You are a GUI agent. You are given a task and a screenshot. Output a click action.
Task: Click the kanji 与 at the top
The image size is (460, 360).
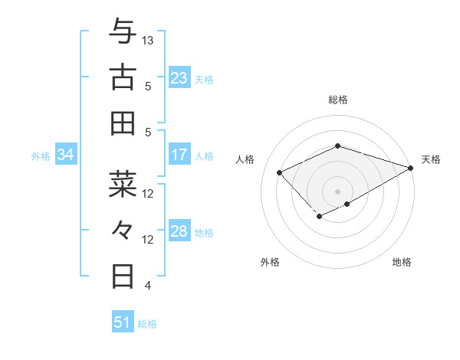click(x=123, y=32)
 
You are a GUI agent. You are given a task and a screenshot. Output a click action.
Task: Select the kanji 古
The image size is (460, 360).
click(x=123, y=77)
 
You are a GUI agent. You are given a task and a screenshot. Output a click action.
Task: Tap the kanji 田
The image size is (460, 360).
click(x=123, y=123)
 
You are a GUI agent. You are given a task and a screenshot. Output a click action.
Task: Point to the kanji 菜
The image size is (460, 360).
click(x=123, y=184)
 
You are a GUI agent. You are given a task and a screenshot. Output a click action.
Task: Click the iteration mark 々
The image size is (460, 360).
click(x=123, y=230)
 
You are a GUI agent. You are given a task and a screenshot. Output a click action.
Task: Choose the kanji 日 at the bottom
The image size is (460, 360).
click(x=123, y=275)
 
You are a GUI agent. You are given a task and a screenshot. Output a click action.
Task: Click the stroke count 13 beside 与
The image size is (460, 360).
click(x=148, y=39)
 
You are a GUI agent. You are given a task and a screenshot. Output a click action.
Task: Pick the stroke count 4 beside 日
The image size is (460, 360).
click(x=148, y=286)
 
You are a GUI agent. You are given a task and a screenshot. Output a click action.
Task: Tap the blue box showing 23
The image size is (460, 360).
click(x=179, y=78)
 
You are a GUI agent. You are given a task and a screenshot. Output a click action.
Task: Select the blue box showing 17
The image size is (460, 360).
click(x=179, y=155)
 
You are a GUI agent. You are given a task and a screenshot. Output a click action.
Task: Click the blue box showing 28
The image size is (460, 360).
click(x=179, y=232)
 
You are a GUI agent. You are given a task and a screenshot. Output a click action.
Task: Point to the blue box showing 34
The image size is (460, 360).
click(x=66, y=155)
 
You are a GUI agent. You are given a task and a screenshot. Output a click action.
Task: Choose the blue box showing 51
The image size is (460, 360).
click(x=123, y=322)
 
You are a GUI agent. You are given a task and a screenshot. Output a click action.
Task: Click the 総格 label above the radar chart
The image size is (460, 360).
click(x=337, y=100)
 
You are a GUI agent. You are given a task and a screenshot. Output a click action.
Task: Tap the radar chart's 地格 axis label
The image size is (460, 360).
click(x=402, y=263)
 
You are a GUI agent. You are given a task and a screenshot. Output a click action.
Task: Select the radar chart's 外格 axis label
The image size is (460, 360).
click(x=270, y=263)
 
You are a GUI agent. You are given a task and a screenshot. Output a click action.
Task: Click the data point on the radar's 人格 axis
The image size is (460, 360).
click(x=280, y=172)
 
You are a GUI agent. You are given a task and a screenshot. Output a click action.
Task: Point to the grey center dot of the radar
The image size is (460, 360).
click(x=337, y=191)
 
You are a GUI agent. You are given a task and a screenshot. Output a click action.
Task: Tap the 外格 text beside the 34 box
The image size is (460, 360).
click(x=41, y=156)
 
